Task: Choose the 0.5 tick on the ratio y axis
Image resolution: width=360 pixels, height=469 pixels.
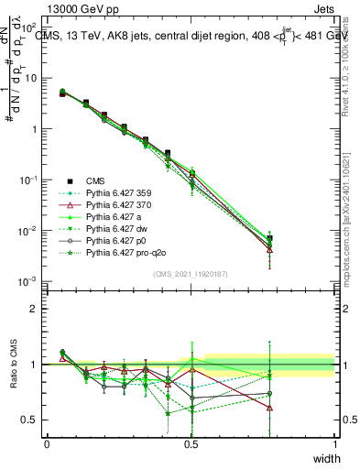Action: (32, 420)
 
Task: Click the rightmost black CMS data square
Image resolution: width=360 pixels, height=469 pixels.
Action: (294, 239)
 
